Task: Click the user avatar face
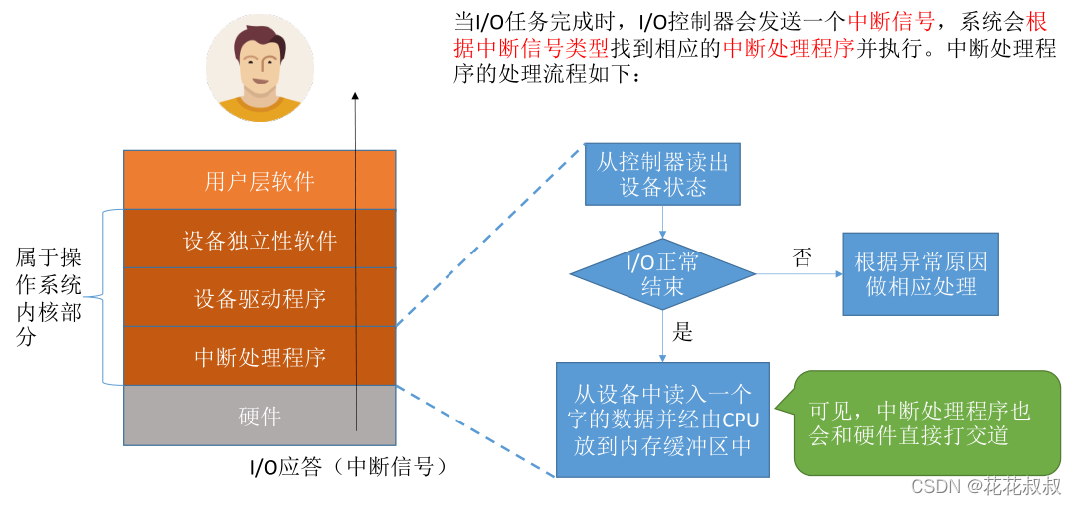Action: (x=260, y=64)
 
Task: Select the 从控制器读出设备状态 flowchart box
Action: (x=662, y=174)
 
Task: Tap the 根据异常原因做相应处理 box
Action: (x=920, y=274)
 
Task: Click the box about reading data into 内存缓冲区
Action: (x=662, y=420)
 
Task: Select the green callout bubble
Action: (x=925, y=422)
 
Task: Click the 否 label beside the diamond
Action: (x=802, y=258)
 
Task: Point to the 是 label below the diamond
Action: (x=683, y=332)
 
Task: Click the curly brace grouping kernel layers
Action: (x=106, y=296)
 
